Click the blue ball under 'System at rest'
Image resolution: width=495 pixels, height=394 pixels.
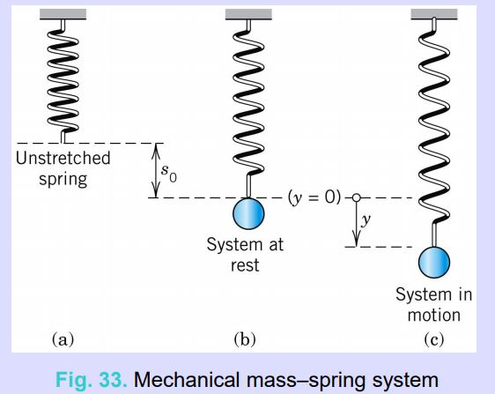pos(248,214)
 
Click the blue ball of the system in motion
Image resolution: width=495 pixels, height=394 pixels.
pos(433,262)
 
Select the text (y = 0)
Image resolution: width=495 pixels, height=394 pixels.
pos(312,197)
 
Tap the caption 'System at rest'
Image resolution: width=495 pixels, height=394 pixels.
pos(246,254)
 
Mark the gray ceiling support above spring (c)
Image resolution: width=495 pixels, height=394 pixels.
pos(433,13)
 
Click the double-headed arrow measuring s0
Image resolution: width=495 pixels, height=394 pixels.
pos(155,170)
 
